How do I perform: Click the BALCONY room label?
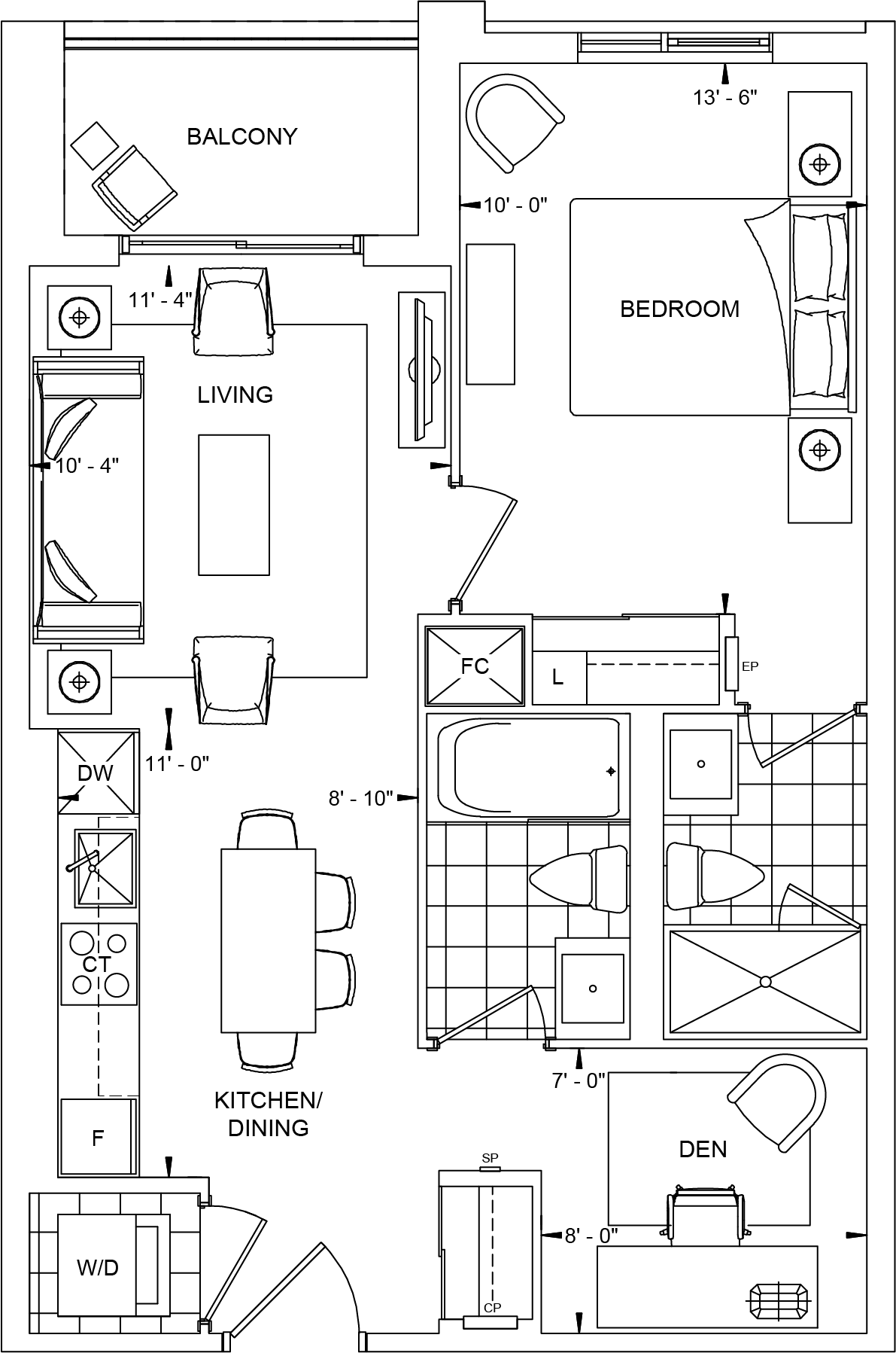241,136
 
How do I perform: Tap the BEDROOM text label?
679,309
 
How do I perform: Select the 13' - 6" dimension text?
724,97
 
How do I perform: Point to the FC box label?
475,666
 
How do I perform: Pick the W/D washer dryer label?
98,1268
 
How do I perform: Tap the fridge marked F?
98,1138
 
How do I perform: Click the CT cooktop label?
97,964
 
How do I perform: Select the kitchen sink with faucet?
105,868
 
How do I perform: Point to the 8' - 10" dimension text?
360,798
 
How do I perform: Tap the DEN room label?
703,1149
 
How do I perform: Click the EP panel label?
749,666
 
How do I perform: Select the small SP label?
490,1158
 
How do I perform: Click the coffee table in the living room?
234,504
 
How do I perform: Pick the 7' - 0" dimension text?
579,1080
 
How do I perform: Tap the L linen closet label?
557,677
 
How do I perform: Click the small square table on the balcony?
94,145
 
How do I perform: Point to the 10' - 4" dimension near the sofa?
87,466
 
